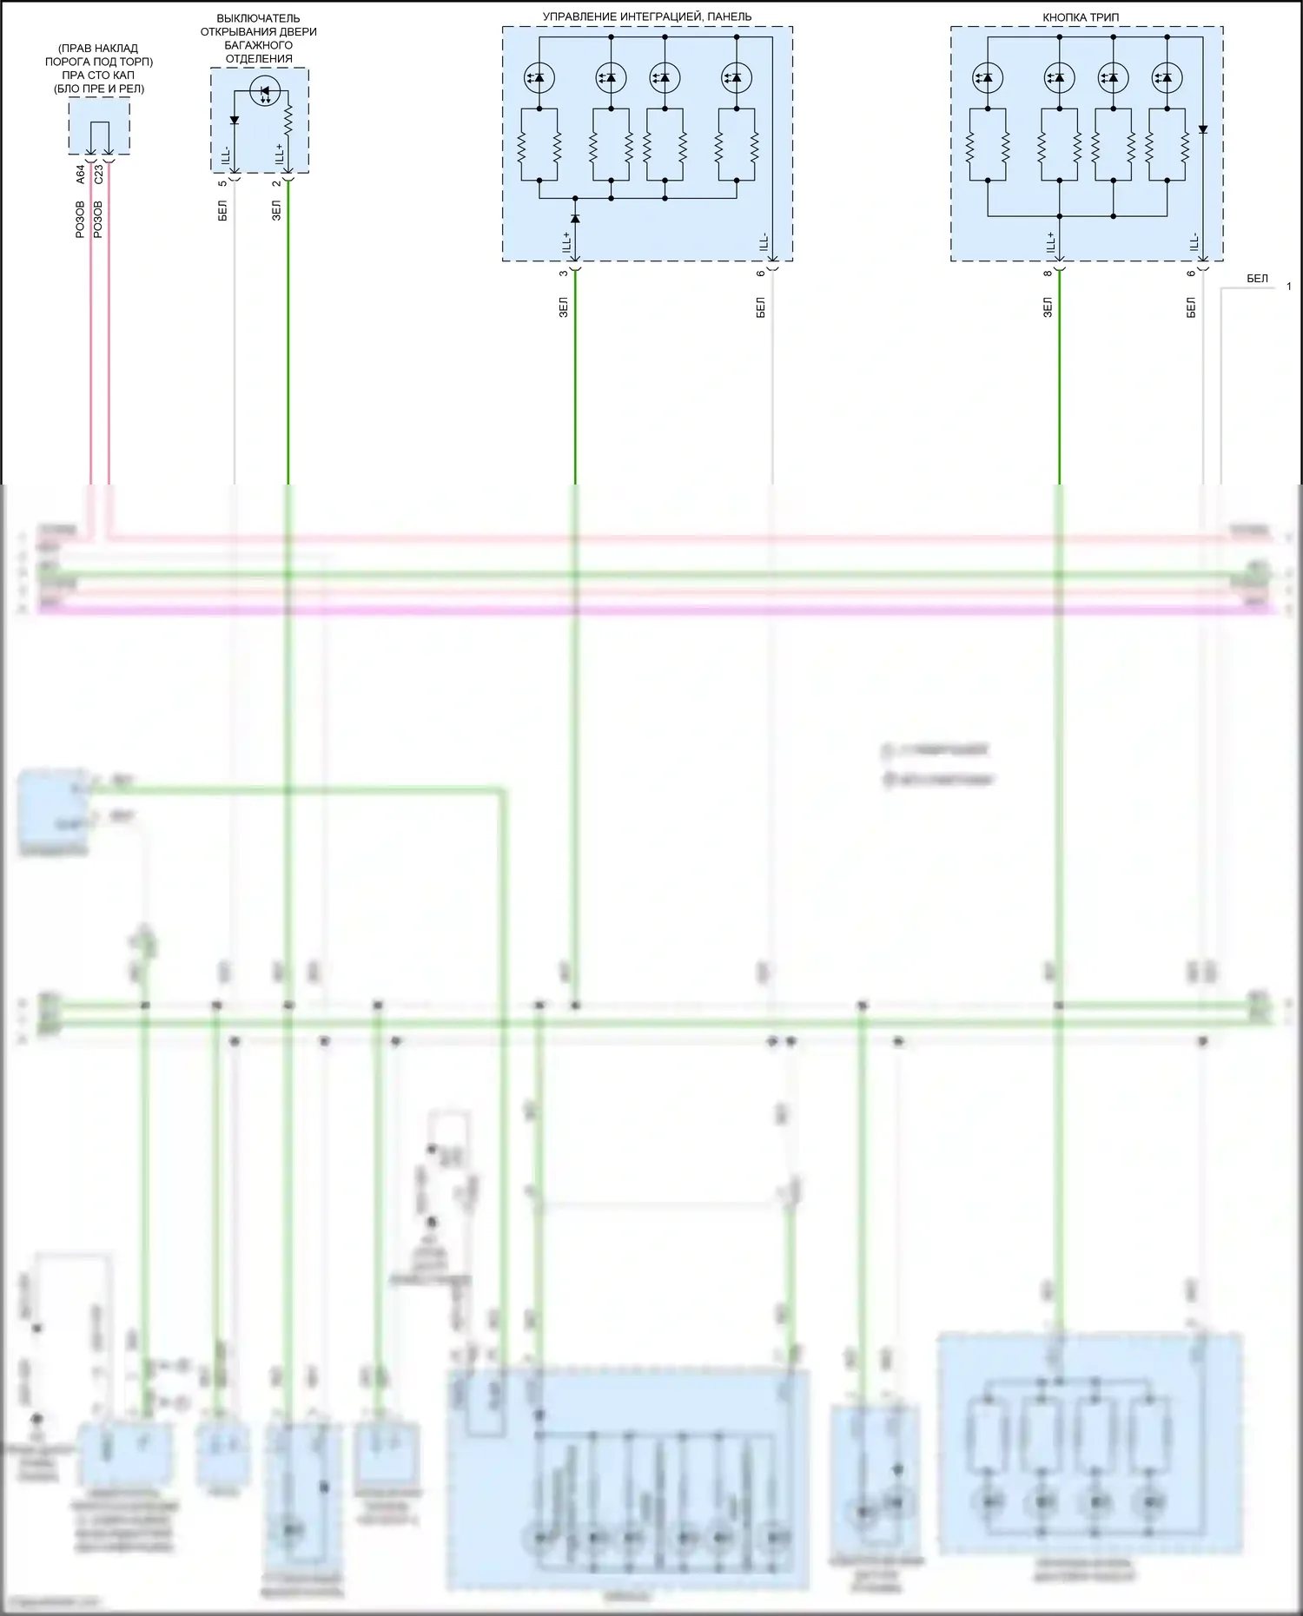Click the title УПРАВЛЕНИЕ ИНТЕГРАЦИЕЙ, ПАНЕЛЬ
point(647,16)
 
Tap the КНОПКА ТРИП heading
point(1081,17)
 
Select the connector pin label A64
point(81,174)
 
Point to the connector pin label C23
point(98,174)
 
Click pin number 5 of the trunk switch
point(222,182)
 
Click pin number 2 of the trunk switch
point(276,182)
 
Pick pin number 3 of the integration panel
point(563,273)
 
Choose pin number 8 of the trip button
point(1048,273)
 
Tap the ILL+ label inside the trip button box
point(1050,242)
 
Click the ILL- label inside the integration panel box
point(764,242)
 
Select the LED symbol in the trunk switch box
point(263,89)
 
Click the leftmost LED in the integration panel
point(539,78)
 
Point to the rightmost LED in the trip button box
point(1166,78)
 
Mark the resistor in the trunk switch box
point(288,122)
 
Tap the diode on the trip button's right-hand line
point(1203,129)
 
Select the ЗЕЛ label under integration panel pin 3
point(563,307)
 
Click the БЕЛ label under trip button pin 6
point(1191,307)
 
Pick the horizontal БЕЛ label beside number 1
point(1257,279)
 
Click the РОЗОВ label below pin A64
point(81,220)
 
